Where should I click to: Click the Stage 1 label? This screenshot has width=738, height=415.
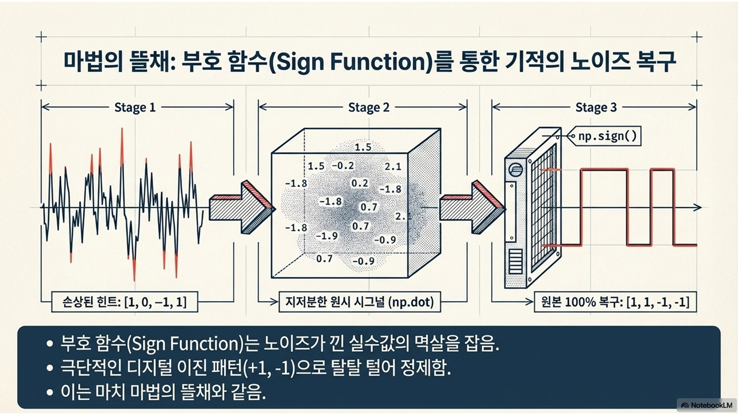[135, 108]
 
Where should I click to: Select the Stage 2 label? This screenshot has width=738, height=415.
[369, 108]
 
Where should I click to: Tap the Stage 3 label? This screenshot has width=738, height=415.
[596, 108]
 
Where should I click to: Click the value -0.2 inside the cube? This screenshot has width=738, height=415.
[343, 166]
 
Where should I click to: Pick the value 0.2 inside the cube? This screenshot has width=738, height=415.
[360, 183]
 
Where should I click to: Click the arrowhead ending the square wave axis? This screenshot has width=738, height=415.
[698, 207]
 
